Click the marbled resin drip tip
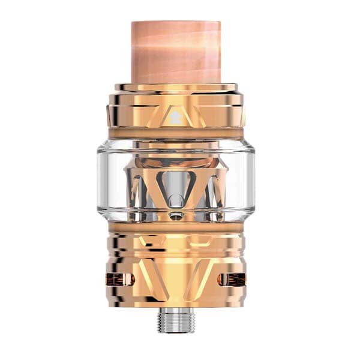pos(180,54)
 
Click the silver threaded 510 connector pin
pos(179,320)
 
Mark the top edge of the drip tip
pos(180,24)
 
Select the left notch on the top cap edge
pos(112,111)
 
